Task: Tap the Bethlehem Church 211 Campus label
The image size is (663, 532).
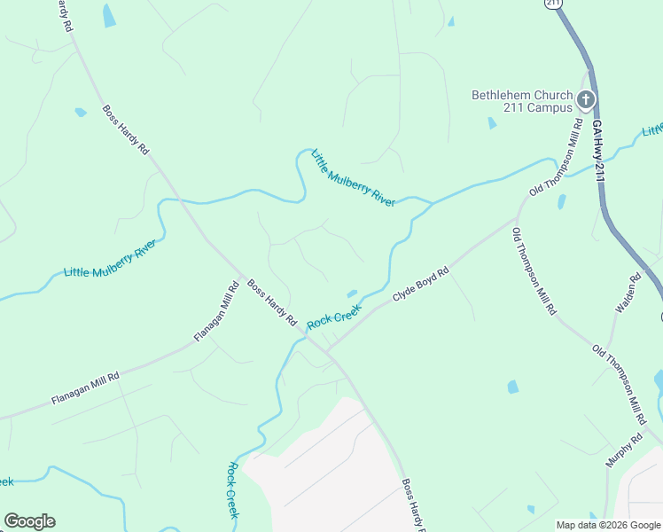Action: pos(521,103)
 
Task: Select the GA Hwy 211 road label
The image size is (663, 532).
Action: pos(598,151)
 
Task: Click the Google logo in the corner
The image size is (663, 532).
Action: pos(29,521)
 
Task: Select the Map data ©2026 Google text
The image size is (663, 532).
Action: pos(608,525)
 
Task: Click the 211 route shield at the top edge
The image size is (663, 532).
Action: pos(554,4)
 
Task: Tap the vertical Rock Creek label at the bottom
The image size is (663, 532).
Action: pos(233,490)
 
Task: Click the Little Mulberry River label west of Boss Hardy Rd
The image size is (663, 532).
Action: pos(110,258)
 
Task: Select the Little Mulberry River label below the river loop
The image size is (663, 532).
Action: pos(353,177)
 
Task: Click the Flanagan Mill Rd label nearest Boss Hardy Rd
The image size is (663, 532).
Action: pos(217,311)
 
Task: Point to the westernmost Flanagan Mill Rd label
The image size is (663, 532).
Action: pos(85,387)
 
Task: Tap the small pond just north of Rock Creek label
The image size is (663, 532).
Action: pos(352,293)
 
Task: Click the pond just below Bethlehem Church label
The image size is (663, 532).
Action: pos(492,123)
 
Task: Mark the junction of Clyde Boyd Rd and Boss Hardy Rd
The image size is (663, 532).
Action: pos(326,350)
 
